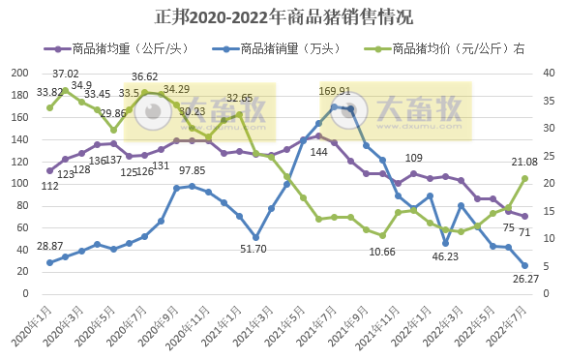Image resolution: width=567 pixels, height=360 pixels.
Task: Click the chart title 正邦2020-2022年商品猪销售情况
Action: click(x=283, y=17)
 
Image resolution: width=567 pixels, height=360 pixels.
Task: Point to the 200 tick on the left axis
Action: click(x=17, y=74)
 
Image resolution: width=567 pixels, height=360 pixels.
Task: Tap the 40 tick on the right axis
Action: click(x=549, y=74)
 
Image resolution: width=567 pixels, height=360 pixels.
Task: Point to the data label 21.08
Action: click(x=524, y=162)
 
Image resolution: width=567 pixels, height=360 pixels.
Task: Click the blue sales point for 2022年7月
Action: click(x=524, y=265)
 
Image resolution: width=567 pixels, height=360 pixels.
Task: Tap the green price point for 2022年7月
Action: click(x=524, y=178)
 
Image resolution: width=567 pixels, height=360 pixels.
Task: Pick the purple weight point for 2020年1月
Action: click(x=49, y=170)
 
